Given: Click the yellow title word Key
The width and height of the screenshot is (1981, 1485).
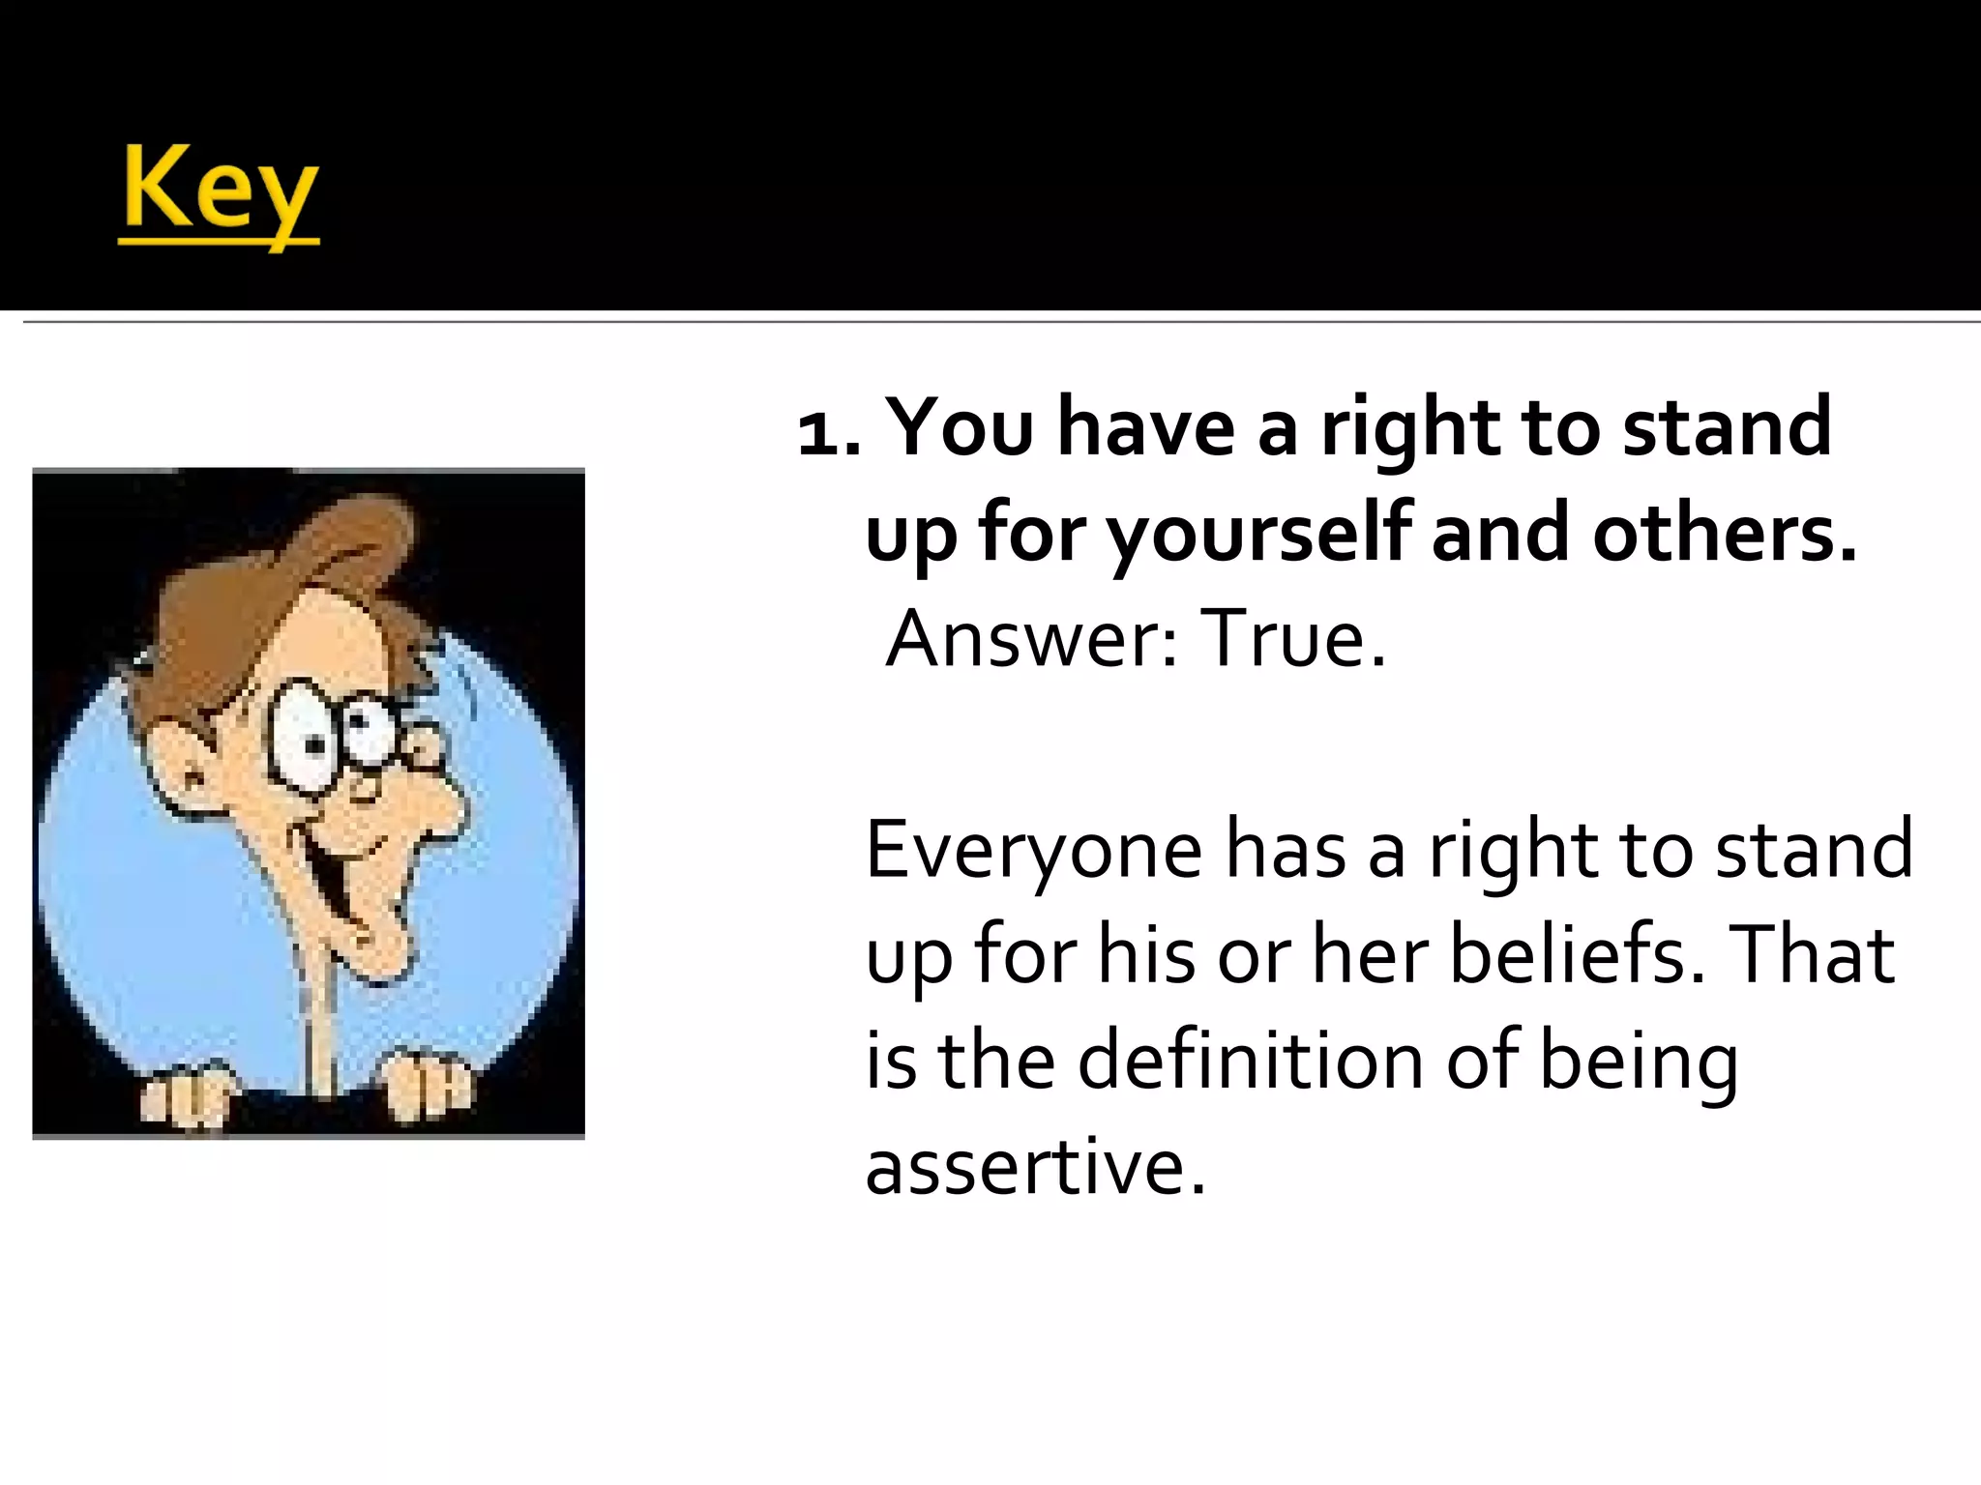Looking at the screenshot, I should coord(219,191).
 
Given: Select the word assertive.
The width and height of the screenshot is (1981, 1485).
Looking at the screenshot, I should coord(1035,1166).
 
